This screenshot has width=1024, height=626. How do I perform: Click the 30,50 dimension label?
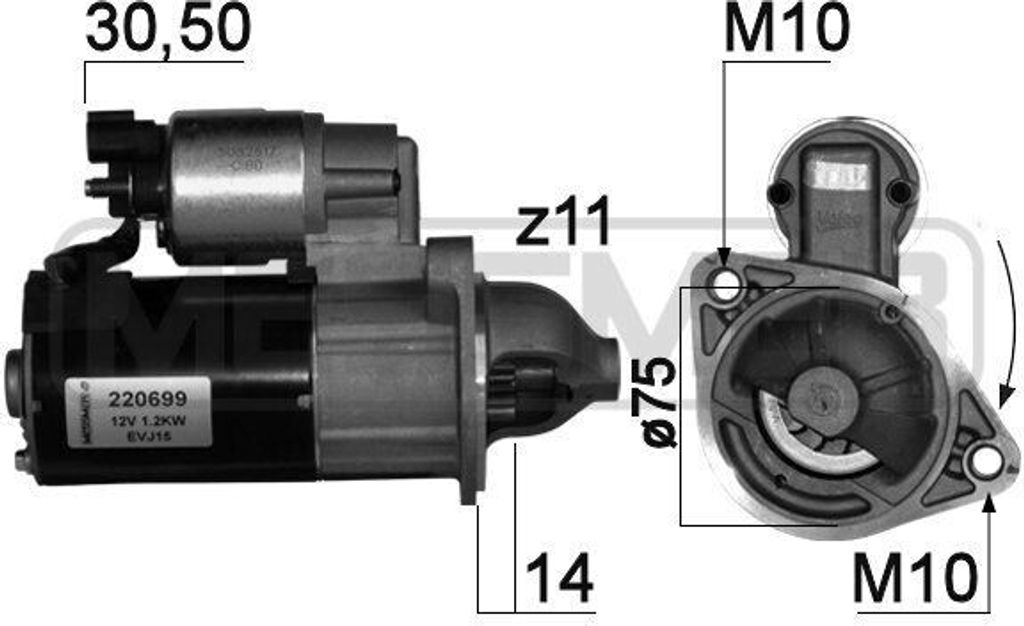pos(166,30)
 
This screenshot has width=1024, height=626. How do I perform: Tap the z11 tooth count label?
pos(563,225)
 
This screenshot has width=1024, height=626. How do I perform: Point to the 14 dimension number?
pos(559,578)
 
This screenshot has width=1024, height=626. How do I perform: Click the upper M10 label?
pos(786,30)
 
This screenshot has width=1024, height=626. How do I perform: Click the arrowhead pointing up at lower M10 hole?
pos(988,501)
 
